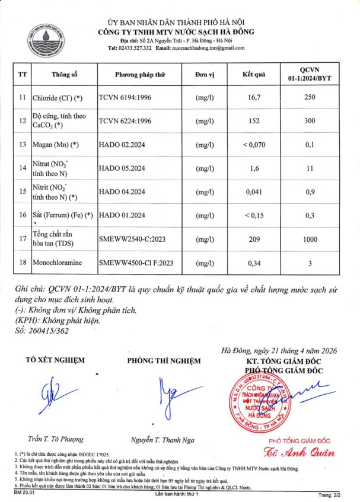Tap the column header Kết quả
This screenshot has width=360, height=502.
[x=254, y=75]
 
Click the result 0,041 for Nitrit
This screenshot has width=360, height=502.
[x=254, y=191]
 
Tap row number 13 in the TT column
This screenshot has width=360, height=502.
[x=23, y=145]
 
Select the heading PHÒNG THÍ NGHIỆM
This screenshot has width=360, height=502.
[x=161, y=360]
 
